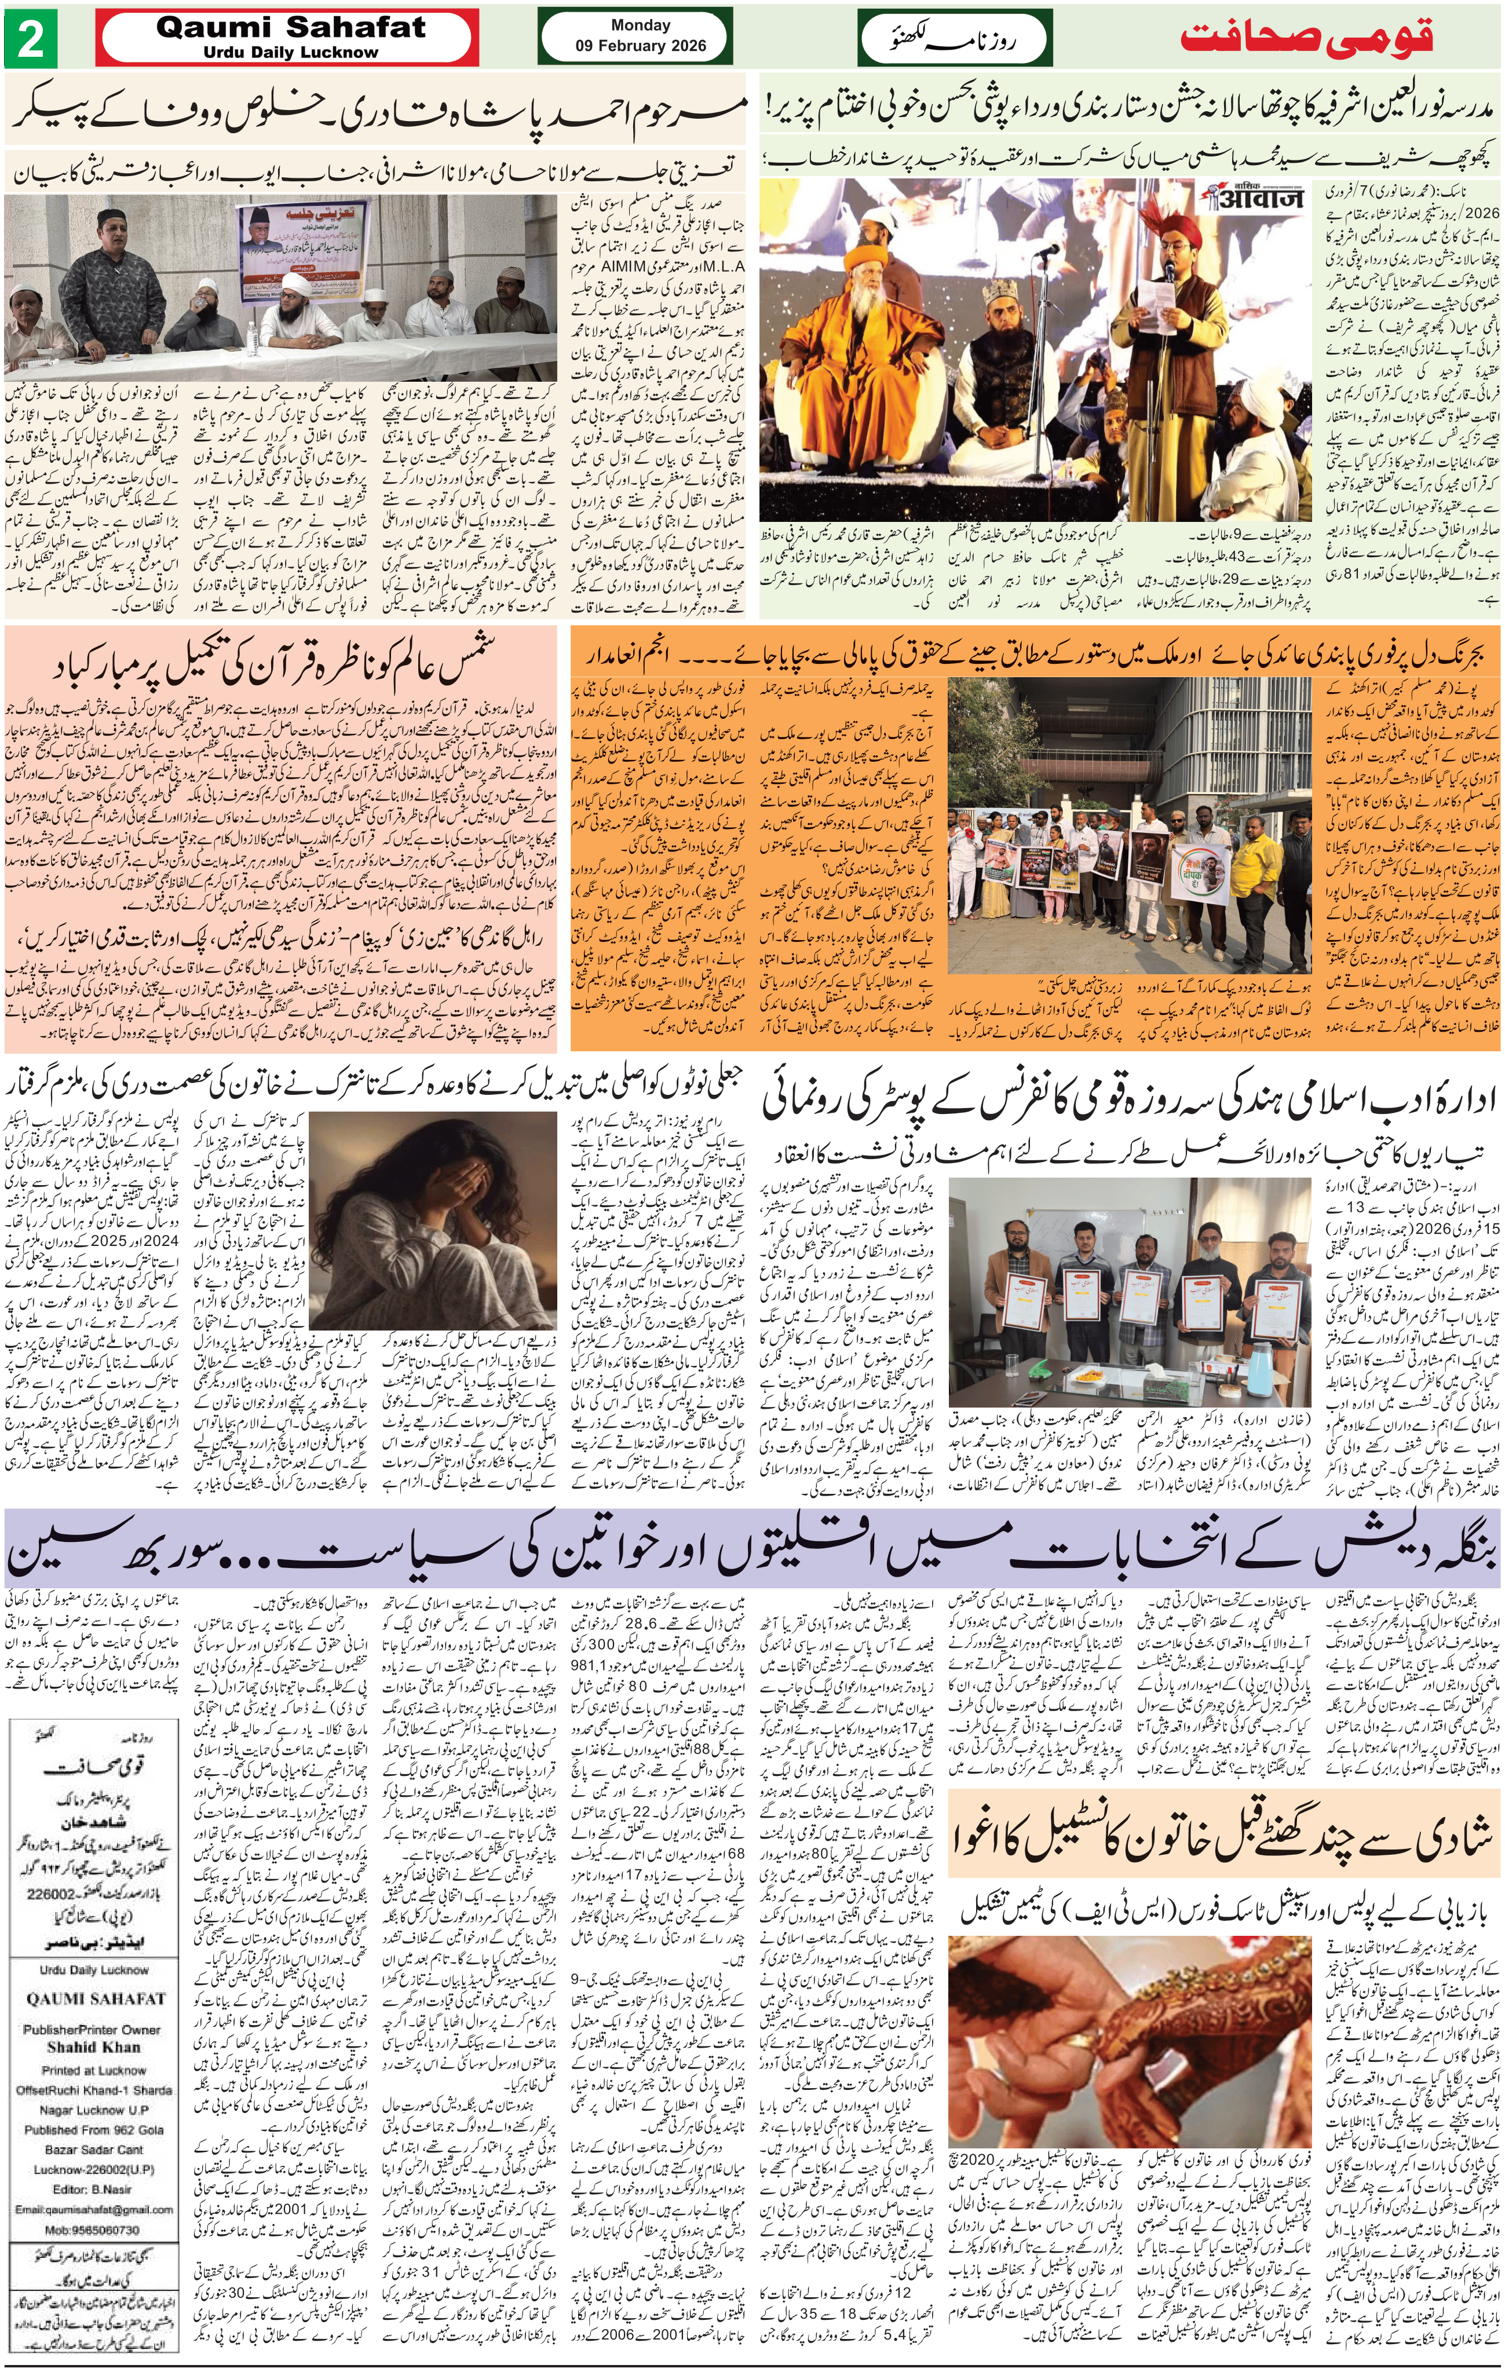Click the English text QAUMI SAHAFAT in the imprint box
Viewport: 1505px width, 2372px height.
(96, 1998)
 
